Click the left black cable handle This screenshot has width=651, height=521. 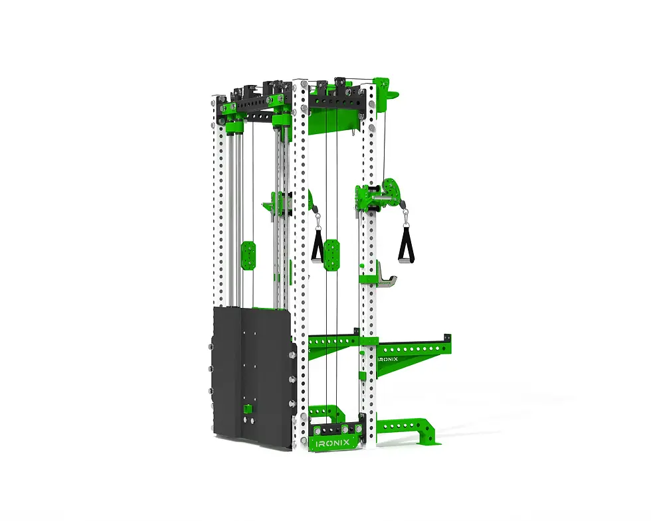318,246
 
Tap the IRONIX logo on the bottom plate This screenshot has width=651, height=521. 333,443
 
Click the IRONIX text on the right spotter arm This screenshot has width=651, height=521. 388,359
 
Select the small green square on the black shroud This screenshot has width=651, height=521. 247,408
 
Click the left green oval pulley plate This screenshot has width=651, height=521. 248,256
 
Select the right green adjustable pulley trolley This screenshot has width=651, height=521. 378,196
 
